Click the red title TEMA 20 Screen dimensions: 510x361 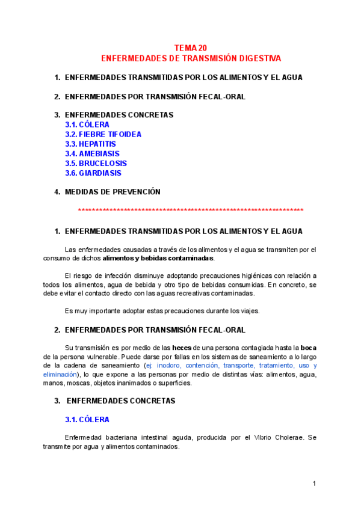[x=191, y=48]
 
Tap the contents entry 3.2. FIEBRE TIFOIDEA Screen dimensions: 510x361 [x=103, y=135]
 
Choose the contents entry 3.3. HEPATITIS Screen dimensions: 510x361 [x=90, y=144]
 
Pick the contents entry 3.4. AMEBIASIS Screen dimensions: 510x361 [x=92, y=154]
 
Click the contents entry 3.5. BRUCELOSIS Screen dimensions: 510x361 [x=96, y=164]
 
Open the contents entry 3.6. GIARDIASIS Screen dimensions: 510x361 [x=93, y=173]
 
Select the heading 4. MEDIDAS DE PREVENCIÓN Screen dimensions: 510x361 [x=112, y=192]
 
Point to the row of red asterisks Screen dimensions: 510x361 [x=191, y=210]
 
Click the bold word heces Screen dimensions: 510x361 [x=182, y=348]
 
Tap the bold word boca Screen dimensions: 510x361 [x=309, y=348]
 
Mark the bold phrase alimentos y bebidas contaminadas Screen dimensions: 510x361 [x=158, y=258]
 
